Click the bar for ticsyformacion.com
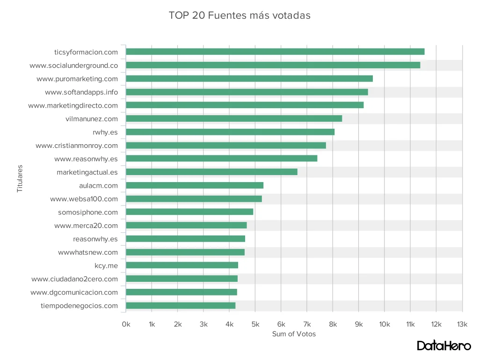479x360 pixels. click(x=275, y=51)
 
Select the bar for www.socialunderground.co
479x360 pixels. click(x=273, y=65)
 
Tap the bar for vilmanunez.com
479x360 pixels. click(x=234, y=118)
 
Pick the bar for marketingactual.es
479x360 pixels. click(x=211, y=172)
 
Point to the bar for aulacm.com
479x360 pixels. click(x=195, y=185)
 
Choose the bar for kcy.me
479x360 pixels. click(x=182, y=265)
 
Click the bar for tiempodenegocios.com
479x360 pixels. click(x=181, y=306)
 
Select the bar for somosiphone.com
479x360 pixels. click(x=189, y=212)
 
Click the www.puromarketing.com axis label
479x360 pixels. click(x=77, y=79)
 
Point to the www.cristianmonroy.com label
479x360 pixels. click(x=77, y=146)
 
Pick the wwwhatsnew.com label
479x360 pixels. click(x=88, y=252)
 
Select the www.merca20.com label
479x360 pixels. click(x=86, y=226)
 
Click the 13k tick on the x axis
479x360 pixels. click(x=462, y=324)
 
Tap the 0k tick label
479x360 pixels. click(x=126, y=324)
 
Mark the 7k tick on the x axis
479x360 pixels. click(x=307, y=324)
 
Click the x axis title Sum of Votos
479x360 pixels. click(x=294, y=334)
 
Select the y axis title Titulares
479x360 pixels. click(x=20, y=178)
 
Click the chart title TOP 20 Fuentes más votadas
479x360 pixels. click(x=239, y=15)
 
